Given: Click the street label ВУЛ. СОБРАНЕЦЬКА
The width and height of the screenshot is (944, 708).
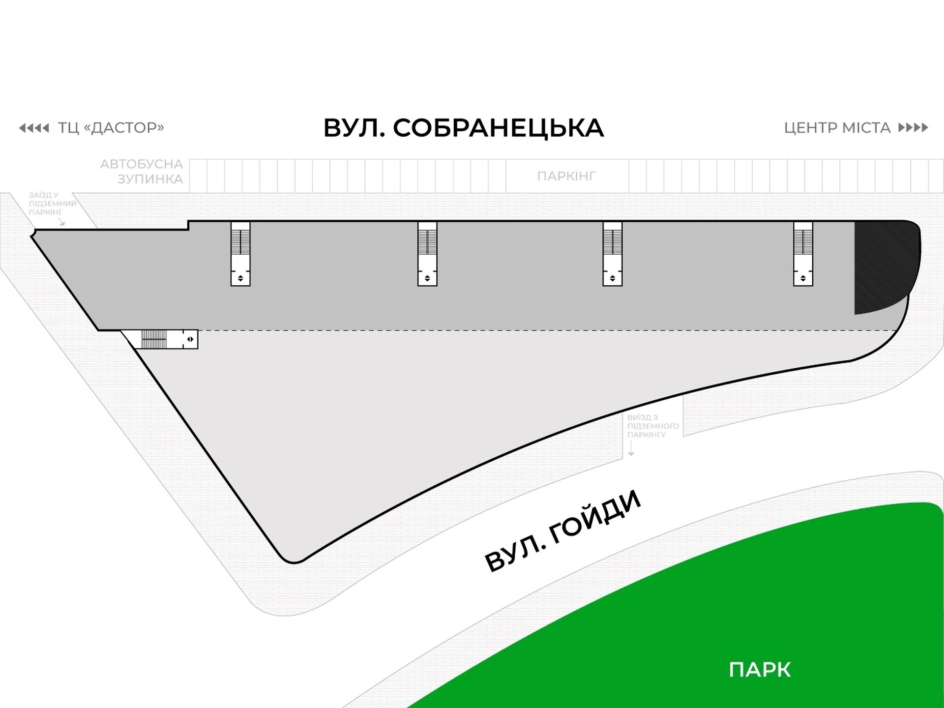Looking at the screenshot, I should pyautogui.click(x=463, y=128).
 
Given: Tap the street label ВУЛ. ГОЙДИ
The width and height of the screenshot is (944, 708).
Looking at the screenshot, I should pyautogui.click(x=563, y=531).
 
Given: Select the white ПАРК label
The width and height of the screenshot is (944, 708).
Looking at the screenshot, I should pyautogui.click(x=760, y=670).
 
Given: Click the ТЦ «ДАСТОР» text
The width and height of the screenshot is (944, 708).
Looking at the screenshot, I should pyautogui.click(x=111, y=128).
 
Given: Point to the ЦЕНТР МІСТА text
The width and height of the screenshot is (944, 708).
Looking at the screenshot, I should pyautogui.click(x=837, y=128).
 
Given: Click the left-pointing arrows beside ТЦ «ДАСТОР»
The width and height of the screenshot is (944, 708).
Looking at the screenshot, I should pyautogui.click(x=34, y=128).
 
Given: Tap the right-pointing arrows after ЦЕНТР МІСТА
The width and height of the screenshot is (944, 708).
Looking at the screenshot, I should pyautogui.click(x=913, y=128).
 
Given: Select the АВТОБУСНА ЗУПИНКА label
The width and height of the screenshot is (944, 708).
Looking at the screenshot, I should pyautogui.click(x=142, y=171).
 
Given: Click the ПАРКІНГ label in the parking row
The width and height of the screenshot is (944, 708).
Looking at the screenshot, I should pyautogui.click(x=566, y=176).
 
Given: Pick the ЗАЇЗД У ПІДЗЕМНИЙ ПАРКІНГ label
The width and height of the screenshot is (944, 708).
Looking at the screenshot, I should pyautogui.click(x=52, y=204).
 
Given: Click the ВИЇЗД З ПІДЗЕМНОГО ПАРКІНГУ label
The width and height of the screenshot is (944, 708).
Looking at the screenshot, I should pyautogui.click(x=652, y=426).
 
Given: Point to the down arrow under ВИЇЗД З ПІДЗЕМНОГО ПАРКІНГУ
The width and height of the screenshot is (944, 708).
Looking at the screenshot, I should pyautogui.click(x=631, y=448).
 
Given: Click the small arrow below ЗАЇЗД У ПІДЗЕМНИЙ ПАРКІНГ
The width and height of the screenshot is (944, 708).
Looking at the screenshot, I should pyautogui.click(x=62, y=222).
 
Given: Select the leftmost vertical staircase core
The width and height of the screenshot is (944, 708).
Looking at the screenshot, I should pyautogui.click(x=240, y=254).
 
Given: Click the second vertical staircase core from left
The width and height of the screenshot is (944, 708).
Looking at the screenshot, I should pyautogui.click(x=427, y=254).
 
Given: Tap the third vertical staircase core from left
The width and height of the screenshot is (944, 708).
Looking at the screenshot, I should pyautogui.click(x=613, y=254).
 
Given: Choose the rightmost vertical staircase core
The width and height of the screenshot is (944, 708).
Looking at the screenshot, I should pyautogui.click(x=803, y=254).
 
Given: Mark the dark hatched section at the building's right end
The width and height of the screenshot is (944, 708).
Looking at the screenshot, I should pyautogui.click(x=883, y=265).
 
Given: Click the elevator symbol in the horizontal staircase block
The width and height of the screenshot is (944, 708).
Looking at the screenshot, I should pyautogui.click(x=190, y=339).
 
